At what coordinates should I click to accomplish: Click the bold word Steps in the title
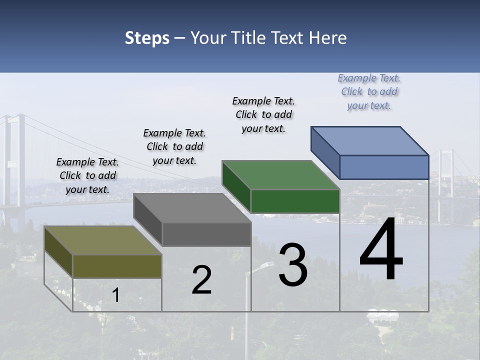tap(147, 38)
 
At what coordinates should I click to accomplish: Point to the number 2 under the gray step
tap(201, 280)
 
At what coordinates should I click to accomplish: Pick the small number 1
tap(115, 295)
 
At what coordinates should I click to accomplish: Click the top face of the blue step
tap(370, 140)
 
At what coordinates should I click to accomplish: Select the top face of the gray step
tap(192, 208)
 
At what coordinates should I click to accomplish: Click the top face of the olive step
tap(103, 240)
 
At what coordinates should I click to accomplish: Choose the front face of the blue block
tap(384, 167)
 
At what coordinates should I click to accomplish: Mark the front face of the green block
tap(295, 201)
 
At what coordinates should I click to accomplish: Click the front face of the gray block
tap(206, 234)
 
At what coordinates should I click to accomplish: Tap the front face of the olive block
tap(117, 266)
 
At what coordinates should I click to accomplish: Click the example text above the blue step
tap(369, 92)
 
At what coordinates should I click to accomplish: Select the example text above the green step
tap(264, 114)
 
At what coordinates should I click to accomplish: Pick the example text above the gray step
tap(174, 146)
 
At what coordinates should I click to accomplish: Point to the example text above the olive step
tap(87, 175)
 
